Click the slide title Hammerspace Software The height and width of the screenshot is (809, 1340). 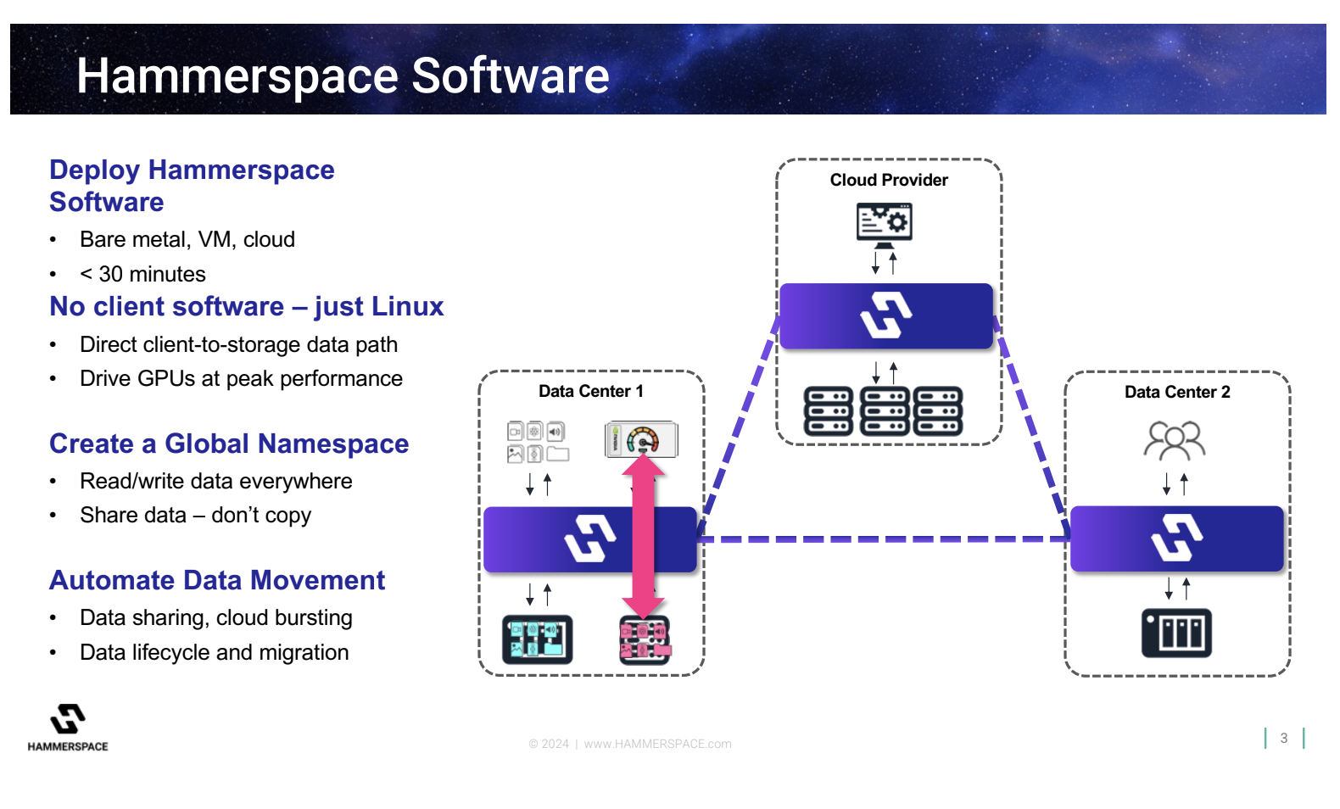pos(343,75)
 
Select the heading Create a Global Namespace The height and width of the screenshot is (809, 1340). pos(229,444)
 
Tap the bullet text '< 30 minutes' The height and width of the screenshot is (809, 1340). pos(142,274)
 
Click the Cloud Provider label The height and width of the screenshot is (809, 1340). pos(889,180)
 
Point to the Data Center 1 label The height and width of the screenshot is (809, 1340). pos(591,391)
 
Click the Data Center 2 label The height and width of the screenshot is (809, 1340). pos(1177,392)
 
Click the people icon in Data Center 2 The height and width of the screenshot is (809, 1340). pos(1175,440)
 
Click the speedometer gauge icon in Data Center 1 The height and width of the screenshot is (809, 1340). pos(642,439)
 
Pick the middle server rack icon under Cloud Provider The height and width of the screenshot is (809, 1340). pos(885,411)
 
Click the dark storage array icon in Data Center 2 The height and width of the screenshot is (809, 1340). pos(1176,633)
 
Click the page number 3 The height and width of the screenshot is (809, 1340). pos(1284,738)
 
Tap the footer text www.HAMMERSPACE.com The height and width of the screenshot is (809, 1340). pos(657,744)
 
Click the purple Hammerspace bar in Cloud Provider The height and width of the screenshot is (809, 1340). pos(885,316)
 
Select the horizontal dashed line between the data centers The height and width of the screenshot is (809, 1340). pos(882,538)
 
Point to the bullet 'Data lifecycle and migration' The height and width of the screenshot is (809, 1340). pos(214,652)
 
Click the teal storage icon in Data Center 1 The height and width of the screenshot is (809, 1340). pos(537,639)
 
